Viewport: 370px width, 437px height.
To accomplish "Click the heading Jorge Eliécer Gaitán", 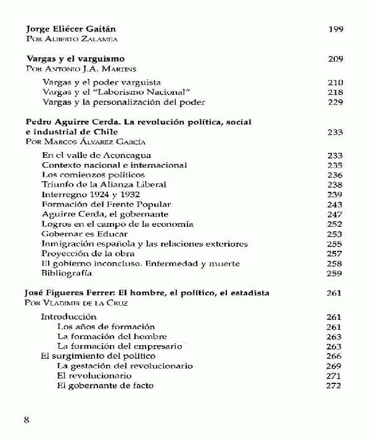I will point(72,29).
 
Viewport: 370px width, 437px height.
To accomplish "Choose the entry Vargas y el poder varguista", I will point(101,82).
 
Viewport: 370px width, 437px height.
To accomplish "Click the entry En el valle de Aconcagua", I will point(96,155).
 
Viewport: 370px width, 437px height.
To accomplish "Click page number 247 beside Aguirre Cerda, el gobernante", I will point(334,214).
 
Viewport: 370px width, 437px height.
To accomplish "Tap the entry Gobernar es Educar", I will point(84,234).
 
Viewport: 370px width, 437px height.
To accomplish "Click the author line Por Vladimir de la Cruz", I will point(76,303).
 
